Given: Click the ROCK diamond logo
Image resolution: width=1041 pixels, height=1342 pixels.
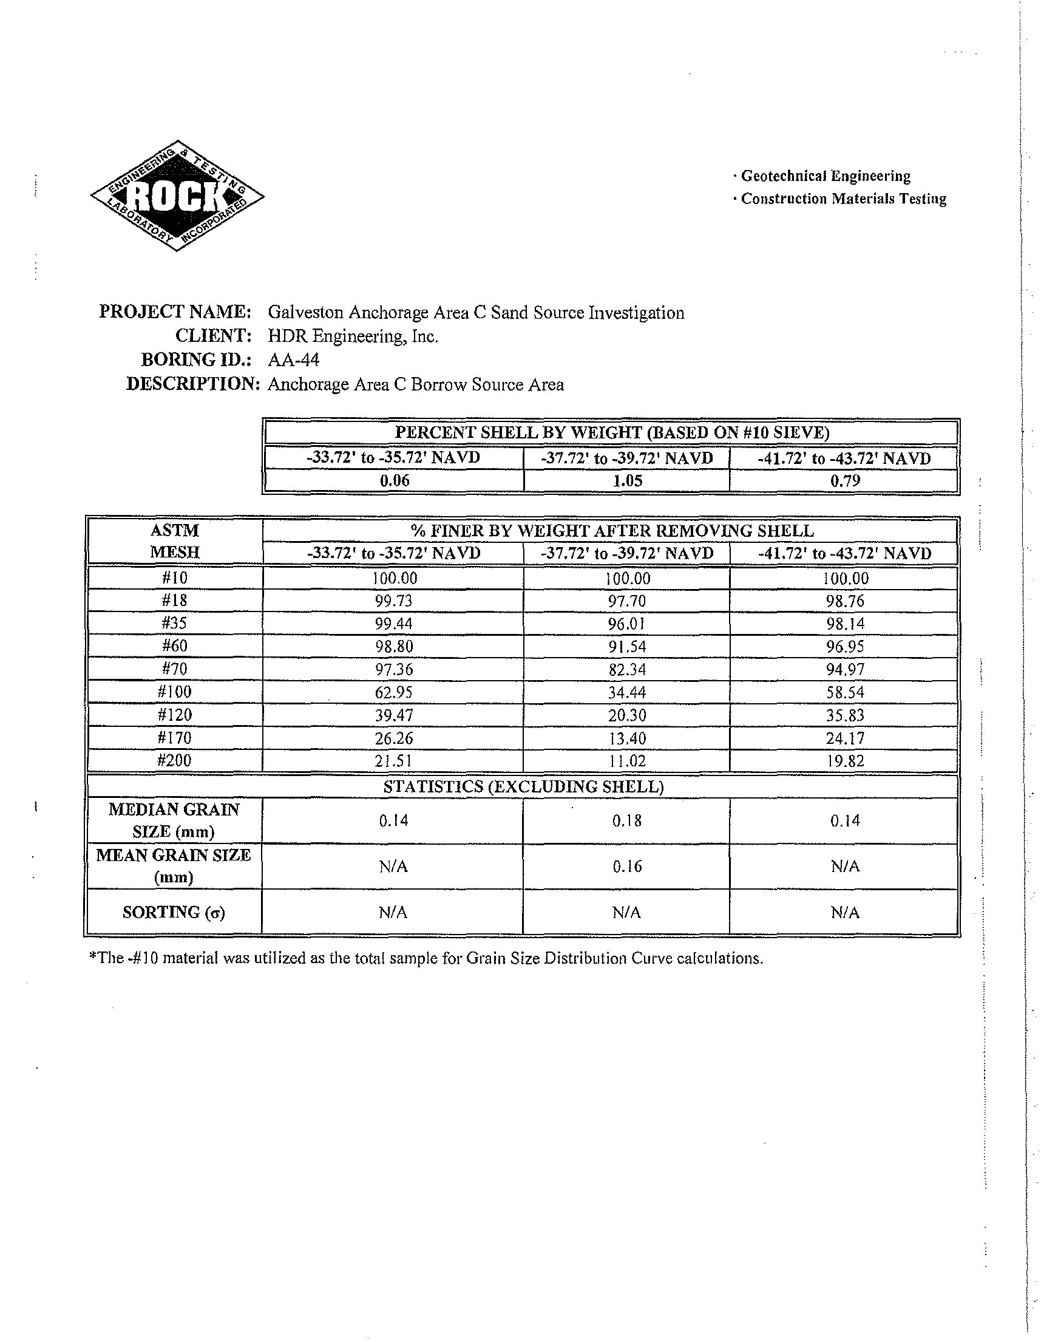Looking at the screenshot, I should pyautogui.click(x=177, y=196).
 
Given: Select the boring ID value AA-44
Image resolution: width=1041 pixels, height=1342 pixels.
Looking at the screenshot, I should pyautogui.click(x=294, y=359).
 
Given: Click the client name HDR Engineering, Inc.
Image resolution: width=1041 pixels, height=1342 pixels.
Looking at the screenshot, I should pyautogui.click(x=353, y=336).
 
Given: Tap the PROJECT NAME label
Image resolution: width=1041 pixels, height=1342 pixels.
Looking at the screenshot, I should pyautogui.click(x=175, y=312).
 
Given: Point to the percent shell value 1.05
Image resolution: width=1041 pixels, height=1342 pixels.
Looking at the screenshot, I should pyautogui.click(x=627, y=481).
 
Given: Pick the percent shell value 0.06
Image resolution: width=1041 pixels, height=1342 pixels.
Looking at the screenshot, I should pyautogui.click(x=394, y=481).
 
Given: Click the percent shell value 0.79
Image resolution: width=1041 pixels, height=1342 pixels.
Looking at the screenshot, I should pyautogui.click(x=844, y=481).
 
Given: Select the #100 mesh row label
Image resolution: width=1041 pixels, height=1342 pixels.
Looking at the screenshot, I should pyautogui.click(x=175, y=692).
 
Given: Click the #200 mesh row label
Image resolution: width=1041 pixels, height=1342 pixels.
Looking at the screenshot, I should pyautogui.click(x=175, y=761).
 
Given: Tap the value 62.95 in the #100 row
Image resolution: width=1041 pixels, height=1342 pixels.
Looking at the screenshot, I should pyautogui.click(x=394, y=692).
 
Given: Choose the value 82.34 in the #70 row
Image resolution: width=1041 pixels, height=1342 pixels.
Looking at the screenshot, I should pyautogui.click(x=627, y=670).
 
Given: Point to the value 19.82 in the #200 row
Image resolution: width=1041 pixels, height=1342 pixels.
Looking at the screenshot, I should pyautogui.click(x=844, y=761).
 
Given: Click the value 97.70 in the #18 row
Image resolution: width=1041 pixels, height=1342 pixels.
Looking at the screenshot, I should pyautogui.click(x=627, y=601).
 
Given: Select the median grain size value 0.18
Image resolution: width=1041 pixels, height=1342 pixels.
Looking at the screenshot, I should pyautogui.click(x=627, y=821).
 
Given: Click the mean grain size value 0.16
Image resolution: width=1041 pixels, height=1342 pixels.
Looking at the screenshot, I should pyautogui.click(x=627, y=867).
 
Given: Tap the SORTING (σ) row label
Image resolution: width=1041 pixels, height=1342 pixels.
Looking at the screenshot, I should pyautogui.click(x=174, y=913).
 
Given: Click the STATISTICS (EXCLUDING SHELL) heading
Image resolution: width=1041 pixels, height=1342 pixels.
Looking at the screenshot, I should pyautogui.click(x=523, y=786).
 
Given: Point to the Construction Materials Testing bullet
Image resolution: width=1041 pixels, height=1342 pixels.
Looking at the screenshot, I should pyautogui.click(x=843, y=199).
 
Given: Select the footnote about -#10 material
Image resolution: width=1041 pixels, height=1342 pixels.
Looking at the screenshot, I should pyautogui.click(x=426, y=959).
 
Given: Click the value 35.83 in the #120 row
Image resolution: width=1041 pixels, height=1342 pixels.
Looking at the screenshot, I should pyautogui.click(x=844, y=715).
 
